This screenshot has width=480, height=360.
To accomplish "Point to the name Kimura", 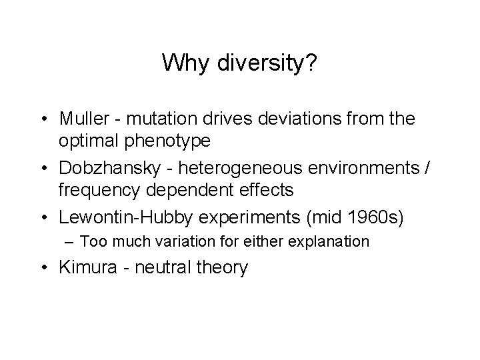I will (x=85, y=268).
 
